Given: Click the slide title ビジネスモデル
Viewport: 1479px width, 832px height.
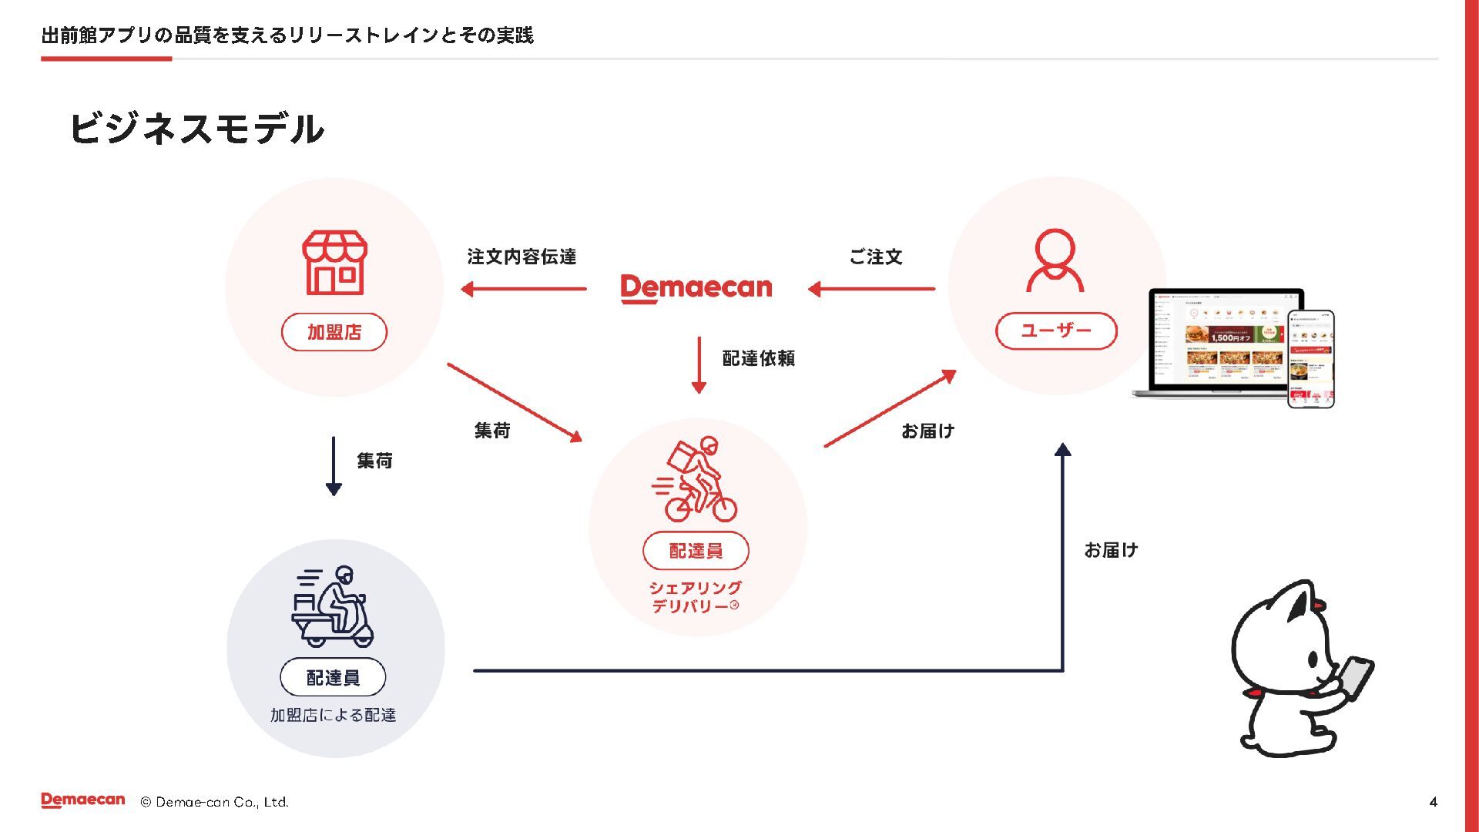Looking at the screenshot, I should point(196,129).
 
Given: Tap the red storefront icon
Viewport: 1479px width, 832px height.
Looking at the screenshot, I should point(334,263).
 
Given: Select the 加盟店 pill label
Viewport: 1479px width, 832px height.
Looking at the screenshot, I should point(334,332).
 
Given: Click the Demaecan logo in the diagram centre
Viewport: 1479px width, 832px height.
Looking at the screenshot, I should point(696,288).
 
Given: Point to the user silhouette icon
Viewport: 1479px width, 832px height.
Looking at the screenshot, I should point(1055,260).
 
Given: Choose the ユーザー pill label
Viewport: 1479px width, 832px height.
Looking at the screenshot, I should point(1056,331).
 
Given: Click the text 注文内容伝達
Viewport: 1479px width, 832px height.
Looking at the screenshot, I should point(522,257).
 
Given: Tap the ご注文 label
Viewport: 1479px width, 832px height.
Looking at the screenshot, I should point(876,257).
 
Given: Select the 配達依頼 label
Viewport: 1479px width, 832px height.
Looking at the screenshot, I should point(758,358).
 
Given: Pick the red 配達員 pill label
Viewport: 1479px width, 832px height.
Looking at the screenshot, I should point(696,551).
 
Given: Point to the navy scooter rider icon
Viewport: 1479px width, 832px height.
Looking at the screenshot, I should point(333,606).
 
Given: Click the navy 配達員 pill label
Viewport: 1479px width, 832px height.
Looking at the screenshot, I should point(333,677).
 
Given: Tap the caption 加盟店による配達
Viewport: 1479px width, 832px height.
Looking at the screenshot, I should point(333,715).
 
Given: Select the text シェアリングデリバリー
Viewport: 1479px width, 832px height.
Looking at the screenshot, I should point(695,597).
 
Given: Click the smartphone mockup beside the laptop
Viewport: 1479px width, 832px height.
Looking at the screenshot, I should point(1310,359).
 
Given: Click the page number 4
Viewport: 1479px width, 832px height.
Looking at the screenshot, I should point(1433,802).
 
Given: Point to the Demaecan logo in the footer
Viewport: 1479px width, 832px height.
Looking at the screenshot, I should point(83,800).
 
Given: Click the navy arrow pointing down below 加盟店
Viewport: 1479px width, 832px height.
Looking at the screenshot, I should point(334,466).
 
